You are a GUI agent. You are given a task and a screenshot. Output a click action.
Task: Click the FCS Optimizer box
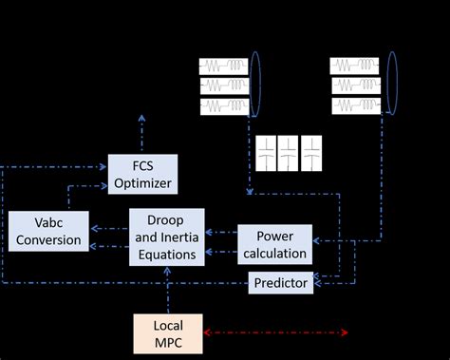click(x=142, y=172)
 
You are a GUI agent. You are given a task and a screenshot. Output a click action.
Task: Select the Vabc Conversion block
click(x=48, y=231)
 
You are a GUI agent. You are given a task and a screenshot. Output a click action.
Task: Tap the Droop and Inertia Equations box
click(x=166, y=235)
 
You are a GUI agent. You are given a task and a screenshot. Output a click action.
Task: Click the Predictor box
click(x=279, y=283)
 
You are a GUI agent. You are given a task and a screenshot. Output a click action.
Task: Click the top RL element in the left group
click(x=224, y=66)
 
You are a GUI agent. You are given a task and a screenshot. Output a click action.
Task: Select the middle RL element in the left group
click(x=224, y=85)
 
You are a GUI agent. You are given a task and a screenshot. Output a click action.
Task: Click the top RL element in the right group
click(x=356, y=66)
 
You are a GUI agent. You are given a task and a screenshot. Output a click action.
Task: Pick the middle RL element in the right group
click(x=356, y=85)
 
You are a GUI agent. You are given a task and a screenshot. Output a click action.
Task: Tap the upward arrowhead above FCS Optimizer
click(x=142, y=119)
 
